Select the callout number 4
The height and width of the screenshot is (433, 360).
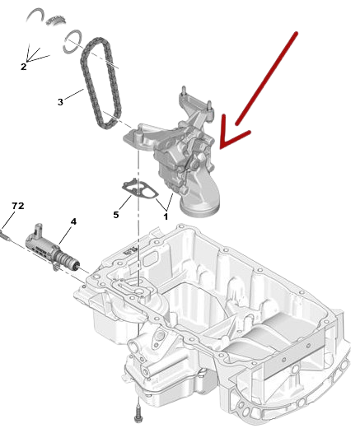(x=73, y=221)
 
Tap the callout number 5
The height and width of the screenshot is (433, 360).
(x=116, y=213)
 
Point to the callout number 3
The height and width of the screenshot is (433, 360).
(x=59, y=103)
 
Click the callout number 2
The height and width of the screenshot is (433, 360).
(x=24, y=66)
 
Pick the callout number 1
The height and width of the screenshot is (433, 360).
(x=166, y=216)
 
